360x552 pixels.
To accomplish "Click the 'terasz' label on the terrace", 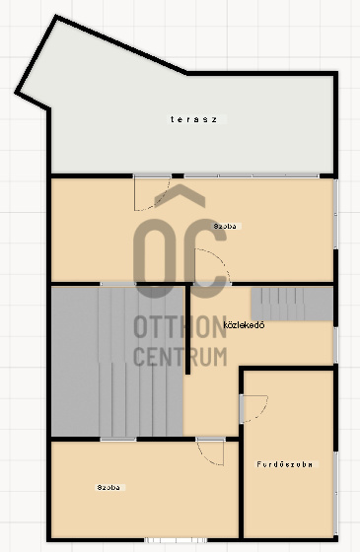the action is (193, 119).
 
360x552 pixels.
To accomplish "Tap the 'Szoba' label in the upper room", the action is (225, 227).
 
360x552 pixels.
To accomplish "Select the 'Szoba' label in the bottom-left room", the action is (108, 488).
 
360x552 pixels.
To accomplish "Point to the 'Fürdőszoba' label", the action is (285, 464).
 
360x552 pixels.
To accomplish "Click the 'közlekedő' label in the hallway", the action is (245, 325).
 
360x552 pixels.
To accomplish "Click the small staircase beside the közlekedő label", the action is (292, 305).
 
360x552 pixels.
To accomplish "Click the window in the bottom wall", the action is (176, 540).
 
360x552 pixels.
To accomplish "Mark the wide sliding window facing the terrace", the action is (252, 175).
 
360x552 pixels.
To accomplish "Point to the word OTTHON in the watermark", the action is (180, 326).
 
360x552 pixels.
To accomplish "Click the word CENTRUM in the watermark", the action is (180, 356).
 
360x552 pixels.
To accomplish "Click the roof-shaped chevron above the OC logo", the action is (180, 196).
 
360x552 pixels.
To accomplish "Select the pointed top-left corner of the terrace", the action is (56, 16).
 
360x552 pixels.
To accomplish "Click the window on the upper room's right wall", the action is (335, 214).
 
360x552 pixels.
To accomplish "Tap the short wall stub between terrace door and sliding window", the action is (178, 176).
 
